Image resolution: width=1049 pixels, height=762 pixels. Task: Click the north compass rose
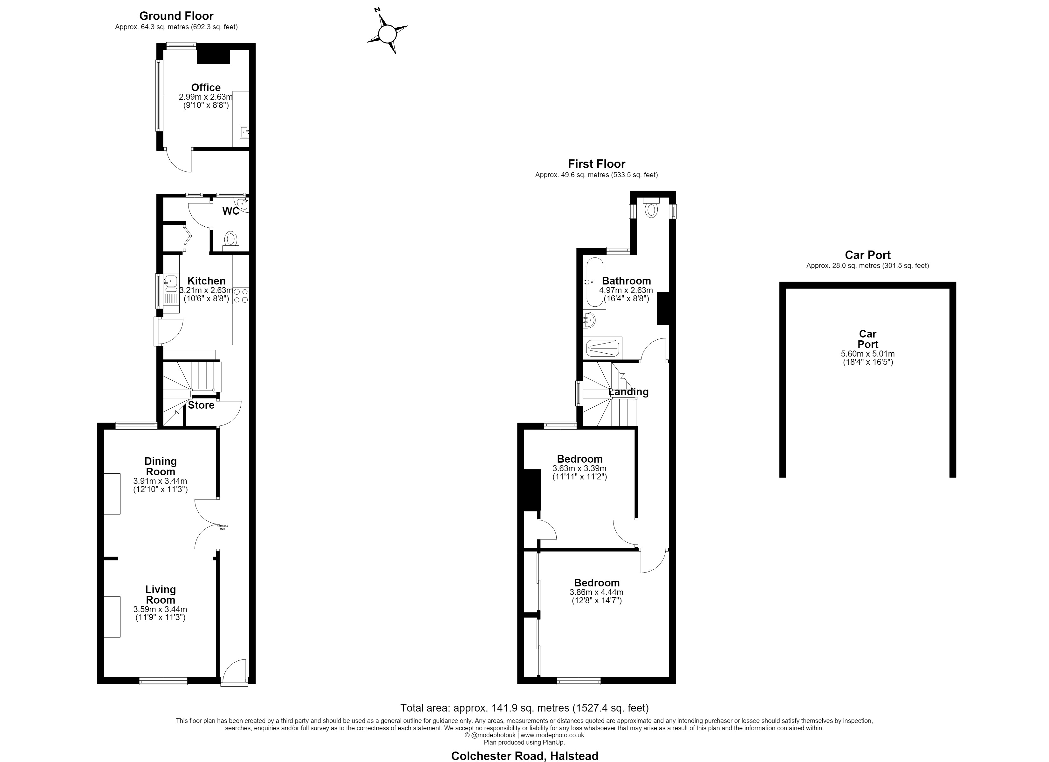pyautogui.click(x=387, y=34)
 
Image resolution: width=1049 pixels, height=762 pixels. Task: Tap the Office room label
pyautogui.click(x=206, y=87)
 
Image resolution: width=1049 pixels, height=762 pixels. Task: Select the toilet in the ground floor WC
pyautogui.click(x=230, y=242)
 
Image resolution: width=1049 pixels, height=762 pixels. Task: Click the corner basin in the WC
pyautogui.click(x=242, y=204)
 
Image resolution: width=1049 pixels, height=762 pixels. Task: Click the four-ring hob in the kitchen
pyautogui.click(x=241, y=296)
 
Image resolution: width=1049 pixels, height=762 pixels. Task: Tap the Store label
pyautogui.click(x=201, y=405)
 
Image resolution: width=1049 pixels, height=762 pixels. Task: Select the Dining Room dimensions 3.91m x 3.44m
pyautogui.click(x=160, y=481)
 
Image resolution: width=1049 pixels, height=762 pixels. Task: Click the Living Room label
pyautogui.click(x=161, y=595)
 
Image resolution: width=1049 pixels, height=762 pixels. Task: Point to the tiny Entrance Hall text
pyautogui.click(x=223, y=527)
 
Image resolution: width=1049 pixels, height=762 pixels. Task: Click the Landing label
pyautogui.click(x=628, y=392)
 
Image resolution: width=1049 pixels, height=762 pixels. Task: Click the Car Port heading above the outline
pyautogui.click(x=868, y=255)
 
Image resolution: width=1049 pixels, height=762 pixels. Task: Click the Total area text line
pyautogui.click(x=524, y=707)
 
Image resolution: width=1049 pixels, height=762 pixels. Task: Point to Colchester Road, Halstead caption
pyautogui.click(x=524, y=756)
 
